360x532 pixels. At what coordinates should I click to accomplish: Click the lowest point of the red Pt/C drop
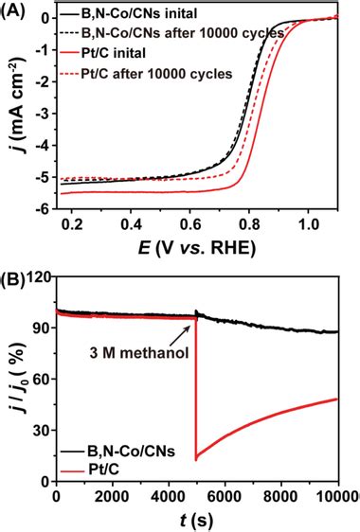click(196, 459)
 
